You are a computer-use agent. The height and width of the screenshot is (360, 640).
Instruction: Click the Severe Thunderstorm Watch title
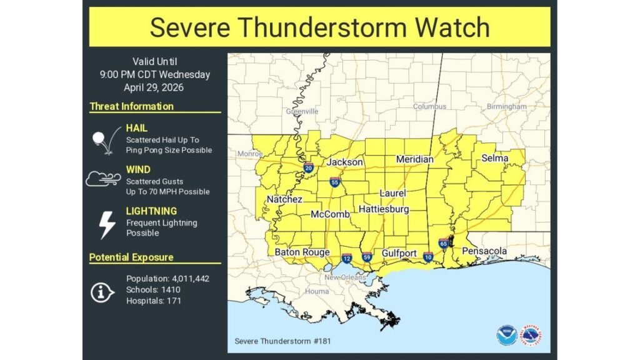(x=319, y=27)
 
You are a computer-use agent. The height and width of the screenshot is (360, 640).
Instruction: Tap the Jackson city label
(x=344, y=162)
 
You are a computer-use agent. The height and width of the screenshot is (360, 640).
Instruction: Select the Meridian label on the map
(x=414, y=159)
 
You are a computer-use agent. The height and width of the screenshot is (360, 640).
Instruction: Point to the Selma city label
(x=494, y=158)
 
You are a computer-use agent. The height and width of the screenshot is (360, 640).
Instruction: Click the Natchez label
(x=284, y=199)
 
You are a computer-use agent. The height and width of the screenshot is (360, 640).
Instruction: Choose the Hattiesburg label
(x=383, y=209)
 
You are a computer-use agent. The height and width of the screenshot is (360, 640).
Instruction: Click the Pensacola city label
(x=484, y=251)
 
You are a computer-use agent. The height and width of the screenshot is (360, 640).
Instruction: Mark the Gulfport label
(x=399, y=252)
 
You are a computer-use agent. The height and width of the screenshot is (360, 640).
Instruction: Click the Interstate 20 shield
(x=308, y=167)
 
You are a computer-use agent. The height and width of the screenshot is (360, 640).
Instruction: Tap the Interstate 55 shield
(x=335, y=182)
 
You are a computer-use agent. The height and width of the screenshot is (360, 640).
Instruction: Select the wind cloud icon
(x=103, y=179)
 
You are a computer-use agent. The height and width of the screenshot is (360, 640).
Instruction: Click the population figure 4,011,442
(x=185, y=279)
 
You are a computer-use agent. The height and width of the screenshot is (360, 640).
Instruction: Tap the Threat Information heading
(x=131, y=106)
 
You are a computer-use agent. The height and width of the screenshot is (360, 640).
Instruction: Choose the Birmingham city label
(x=507, y=107)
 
